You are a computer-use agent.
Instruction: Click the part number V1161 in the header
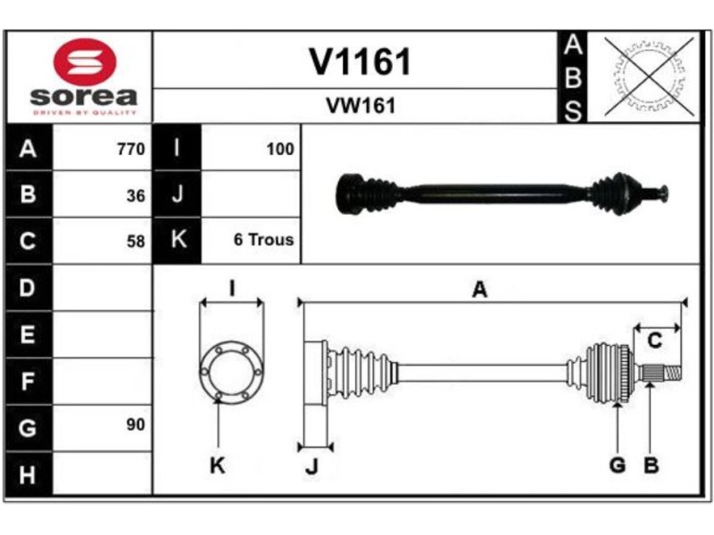[x=360, y=62]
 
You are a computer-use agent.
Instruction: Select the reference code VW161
[x=360, y=106]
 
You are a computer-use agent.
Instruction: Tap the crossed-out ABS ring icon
[x=649, y=77]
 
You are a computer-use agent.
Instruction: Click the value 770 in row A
[x=130, y=150]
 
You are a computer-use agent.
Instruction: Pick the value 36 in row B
[x=135, y=196]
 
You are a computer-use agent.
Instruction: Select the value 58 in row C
[x=135, y=241]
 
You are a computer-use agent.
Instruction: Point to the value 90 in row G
[x=135, y=425]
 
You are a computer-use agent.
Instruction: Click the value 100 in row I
[x=279, y=150]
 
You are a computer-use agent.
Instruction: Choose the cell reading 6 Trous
[x=263, y=240]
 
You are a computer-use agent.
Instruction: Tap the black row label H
[x=28, y=474]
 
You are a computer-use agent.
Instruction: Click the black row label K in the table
[x=178, y=240]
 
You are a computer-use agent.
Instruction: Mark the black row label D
[x=28, y=288]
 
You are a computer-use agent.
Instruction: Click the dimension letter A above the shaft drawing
[x=479, y=289]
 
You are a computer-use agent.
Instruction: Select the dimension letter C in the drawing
[x=654, y=341]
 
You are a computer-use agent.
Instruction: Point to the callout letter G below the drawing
[x=617, y=465]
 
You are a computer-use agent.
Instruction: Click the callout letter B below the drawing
[x=651, y=465]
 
